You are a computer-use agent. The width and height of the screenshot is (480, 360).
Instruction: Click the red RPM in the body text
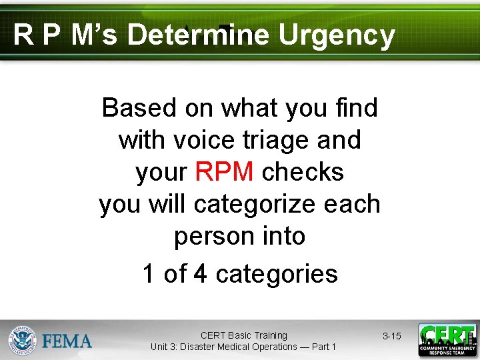point(224,172)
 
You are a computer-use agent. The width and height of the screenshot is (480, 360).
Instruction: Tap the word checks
point(303,172)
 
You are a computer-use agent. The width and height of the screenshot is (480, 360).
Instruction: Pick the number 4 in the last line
point(200,273)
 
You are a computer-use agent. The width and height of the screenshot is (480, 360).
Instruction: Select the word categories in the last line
point(277,273)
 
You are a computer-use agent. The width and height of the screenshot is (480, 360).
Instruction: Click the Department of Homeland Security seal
point(22,340)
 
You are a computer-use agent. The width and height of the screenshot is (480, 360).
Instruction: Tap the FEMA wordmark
point(67,341)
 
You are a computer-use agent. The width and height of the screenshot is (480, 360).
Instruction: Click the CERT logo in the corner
point(447,340)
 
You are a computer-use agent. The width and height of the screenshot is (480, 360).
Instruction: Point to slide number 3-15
point(391,336)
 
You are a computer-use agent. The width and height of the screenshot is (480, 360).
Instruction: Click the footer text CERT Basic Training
point(243,335)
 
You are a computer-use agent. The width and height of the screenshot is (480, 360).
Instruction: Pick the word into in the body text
point(285,237)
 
